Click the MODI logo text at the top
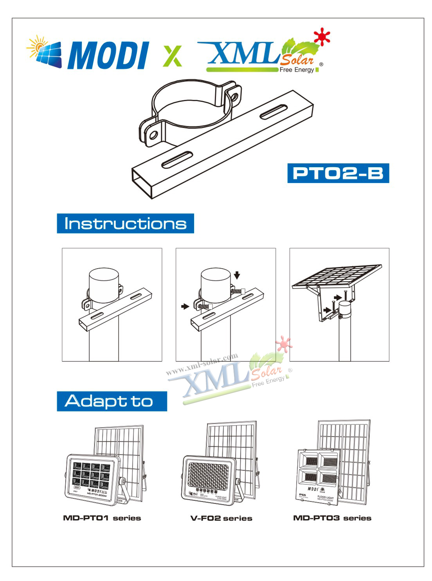coord(108,56)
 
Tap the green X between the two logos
coord(173,56)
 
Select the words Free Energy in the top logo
coord(297,70)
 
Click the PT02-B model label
coord(338,173)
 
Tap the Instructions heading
coord(125,224)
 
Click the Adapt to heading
coord(112,401)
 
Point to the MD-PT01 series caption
coord(102,518)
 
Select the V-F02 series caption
coord(221,518)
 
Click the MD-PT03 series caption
coord(332,518)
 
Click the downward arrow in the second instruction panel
coord(237,276)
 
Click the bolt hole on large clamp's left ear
coord(153,136)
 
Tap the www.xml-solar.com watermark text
coord(202,364)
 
